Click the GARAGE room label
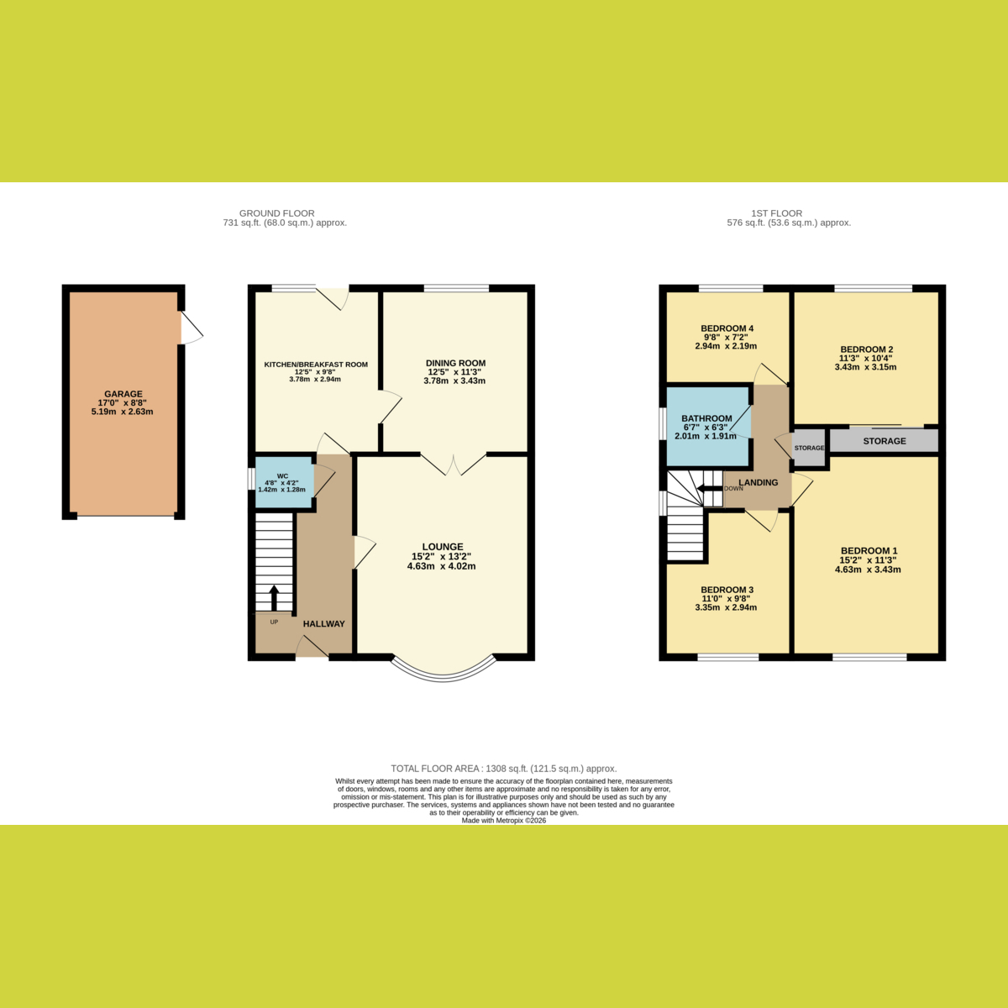tap(123, 394)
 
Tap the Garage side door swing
tap(192, 328)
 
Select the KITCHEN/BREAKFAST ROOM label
tap(316, 365)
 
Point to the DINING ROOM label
tap(455, 363)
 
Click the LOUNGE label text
tap(443, 547)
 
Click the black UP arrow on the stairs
tap(274, 597)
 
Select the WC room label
tap(282, 476)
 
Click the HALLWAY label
tap(324, 623)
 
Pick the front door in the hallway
tap(312, 647)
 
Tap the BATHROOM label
tap(706, 418)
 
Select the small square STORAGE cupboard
tap(809, 448)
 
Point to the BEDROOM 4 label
tap(727, 328)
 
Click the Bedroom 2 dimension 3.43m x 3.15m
tap(865, 367)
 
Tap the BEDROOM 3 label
tap(727, 590)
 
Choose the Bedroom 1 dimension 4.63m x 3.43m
tap(868, 570)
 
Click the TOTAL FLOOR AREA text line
tap(504, 769)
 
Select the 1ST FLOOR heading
tap(776, 213)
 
